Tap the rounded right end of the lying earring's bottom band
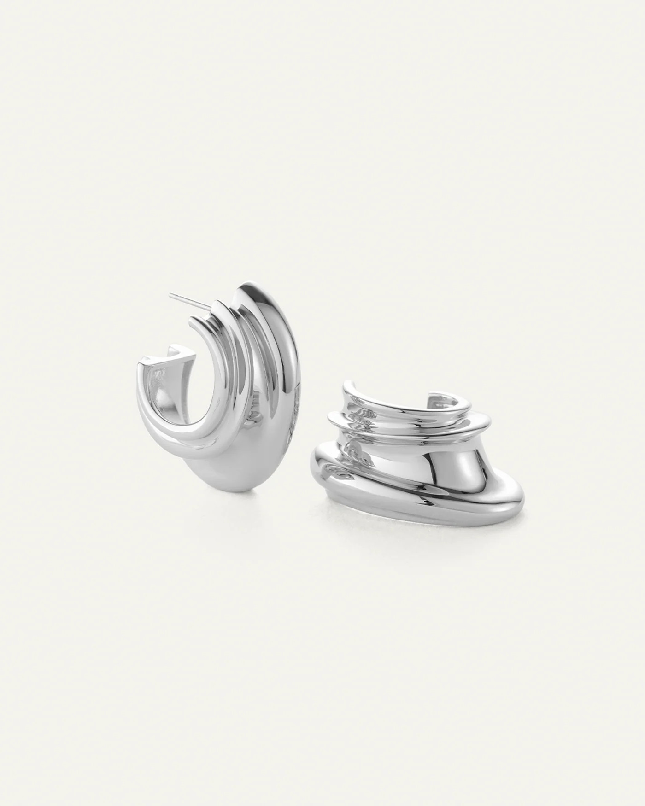click(x=518, y=495)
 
